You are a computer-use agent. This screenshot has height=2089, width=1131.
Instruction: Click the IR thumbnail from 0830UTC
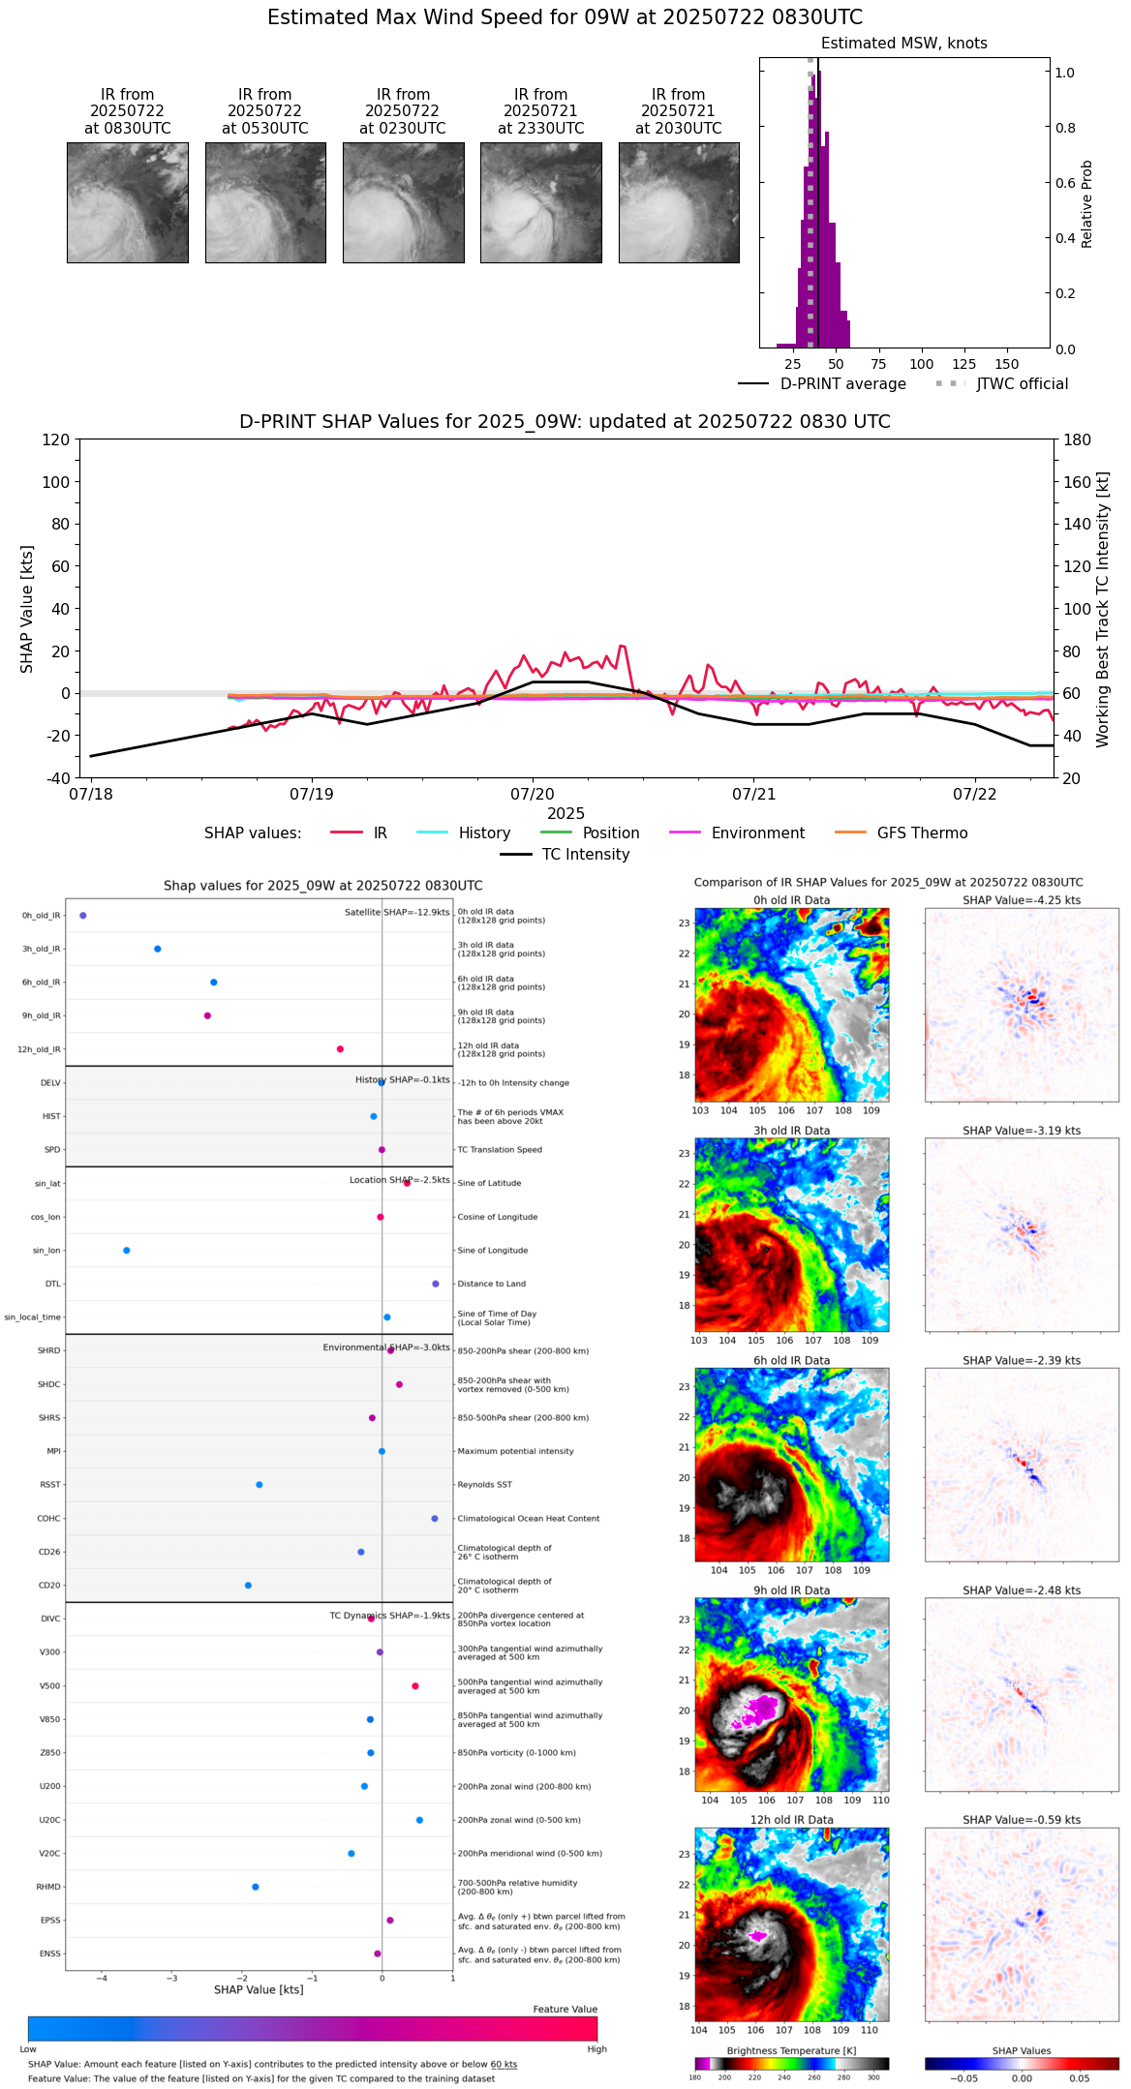pos(127,202)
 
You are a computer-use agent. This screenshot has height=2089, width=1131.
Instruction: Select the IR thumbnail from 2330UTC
pos(540,202)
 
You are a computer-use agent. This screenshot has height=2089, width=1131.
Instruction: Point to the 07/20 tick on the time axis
pos(533,794)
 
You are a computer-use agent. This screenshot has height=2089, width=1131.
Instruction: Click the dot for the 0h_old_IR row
pos(83,916)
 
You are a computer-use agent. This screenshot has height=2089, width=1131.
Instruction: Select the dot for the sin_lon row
pos(127,1251)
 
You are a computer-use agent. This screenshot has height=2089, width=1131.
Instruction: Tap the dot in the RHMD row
pos(256,1887)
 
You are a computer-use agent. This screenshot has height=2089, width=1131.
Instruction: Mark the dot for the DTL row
pos(436,1284)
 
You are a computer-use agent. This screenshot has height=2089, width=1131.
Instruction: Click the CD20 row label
pos(49,1586)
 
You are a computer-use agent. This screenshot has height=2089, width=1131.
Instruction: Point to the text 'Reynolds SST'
pos(485,1485)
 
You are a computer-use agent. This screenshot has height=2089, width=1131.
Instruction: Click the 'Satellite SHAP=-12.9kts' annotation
pos(397,913)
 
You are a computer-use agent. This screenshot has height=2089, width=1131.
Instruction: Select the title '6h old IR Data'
pos(791,1361)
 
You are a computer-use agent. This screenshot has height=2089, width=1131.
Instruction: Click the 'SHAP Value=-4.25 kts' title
pos(1022,900)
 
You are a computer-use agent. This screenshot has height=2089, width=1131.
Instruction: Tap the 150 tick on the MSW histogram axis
pos(1007,364)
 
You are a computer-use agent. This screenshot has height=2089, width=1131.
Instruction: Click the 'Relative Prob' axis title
pos(1087,203)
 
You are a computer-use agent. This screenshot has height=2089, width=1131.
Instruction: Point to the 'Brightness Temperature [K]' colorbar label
pos(791,2050)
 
